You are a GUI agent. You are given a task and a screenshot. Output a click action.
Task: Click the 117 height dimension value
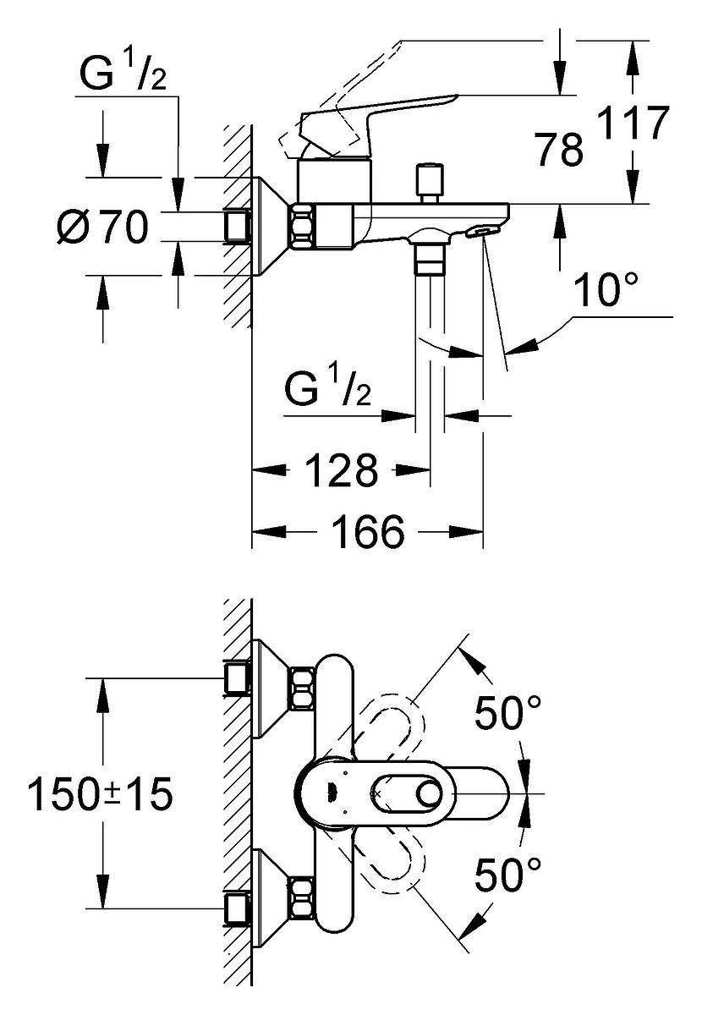(633, 123)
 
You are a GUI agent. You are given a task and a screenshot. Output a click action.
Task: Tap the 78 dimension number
(559, 149)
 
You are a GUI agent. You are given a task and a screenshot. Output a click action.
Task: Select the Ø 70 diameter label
(103, 227)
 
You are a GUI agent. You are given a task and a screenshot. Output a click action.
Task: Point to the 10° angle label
(606, 289)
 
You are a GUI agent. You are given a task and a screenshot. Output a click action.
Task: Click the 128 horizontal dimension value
(341, 470)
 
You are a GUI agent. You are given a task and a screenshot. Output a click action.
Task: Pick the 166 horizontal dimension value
(368, 531)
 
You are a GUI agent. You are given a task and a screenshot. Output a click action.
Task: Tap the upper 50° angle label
(507, 712)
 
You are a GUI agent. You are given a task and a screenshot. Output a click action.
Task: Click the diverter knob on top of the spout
(429, 184)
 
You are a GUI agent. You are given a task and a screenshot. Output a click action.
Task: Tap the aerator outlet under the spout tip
(482, 232)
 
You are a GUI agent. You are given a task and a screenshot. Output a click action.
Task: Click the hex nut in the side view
(302, 226)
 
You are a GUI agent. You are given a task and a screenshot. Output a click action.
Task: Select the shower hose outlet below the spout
(431, 257)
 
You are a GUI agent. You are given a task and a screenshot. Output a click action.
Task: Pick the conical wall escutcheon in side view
(270, 226)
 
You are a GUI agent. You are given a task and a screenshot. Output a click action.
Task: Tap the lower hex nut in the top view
(302, 898)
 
